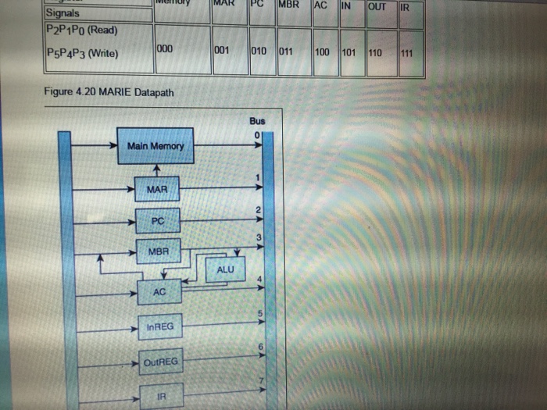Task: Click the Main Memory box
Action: [x=156, y=146]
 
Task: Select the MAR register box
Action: [x=156, y=189]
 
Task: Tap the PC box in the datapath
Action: [x=157, y=221]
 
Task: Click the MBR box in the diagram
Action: [x=157, y=251]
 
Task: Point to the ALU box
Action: [x=224, y=270]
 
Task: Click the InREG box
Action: [x=159, y=326]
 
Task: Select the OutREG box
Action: [x=161, y=362]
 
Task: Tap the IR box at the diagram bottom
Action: [x=161, y=396]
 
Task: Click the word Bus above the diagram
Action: [x=258, y=121]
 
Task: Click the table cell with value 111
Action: [x=406, y=54]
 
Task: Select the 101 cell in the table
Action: [x=349, y=54]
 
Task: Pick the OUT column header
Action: [x=377, y=7]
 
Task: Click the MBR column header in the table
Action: [x=288, y=5]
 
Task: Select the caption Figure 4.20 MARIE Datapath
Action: [x=109, y=94]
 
